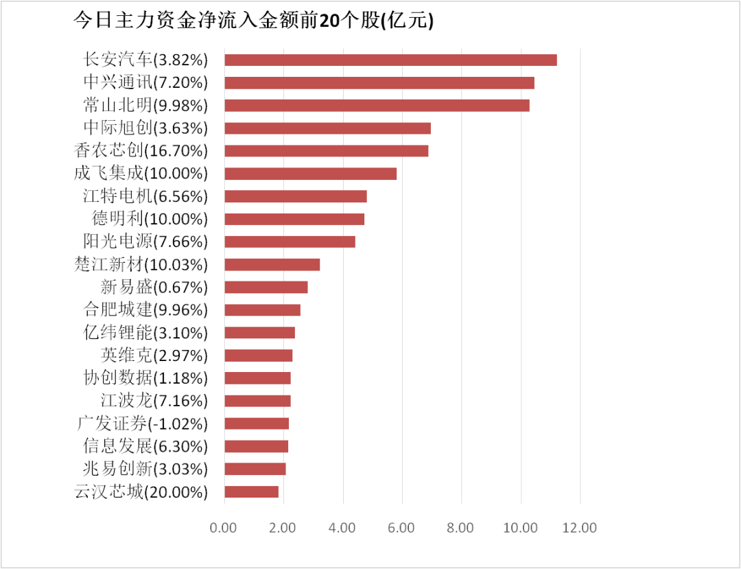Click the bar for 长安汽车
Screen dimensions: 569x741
pos(390,60)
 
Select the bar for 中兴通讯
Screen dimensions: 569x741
pos(379,83)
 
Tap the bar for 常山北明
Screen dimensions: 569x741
pos(377,106)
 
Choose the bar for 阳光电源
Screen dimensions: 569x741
pos(290,242)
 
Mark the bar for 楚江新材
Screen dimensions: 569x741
pos(272,264)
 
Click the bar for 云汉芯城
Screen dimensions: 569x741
pos(251,491)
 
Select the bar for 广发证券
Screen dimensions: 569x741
pos(257,423)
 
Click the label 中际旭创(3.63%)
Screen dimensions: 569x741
pos(145,128)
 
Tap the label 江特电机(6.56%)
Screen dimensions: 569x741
pos(145,196)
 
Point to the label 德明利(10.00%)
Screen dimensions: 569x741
pos(150,219)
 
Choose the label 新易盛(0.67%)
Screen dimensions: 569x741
pos(154,287)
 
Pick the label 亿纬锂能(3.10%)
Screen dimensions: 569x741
pos(145,333)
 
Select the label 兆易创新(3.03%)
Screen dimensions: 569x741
pos(145,469)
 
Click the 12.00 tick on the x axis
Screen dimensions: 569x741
pos(580,528)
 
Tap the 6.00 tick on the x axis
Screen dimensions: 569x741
pos(401,528)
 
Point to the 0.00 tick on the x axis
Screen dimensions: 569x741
pos(224,528)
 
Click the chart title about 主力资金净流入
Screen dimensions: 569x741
pos(254,21)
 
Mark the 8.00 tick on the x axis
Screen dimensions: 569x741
pos(461,528)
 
